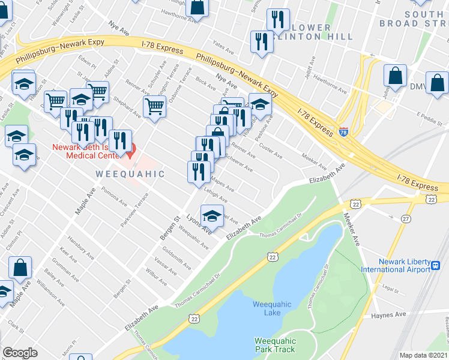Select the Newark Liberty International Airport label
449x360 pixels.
tap(396, 265)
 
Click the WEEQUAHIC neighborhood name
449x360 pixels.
tap(130, 174)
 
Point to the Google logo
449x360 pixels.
tap(20, 353)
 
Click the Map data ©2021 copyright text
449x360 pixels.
tap(423, 355)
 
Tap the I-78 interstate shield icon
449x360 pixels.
tap(343, 131)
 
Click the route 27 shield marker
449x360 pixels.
tap(406, 220)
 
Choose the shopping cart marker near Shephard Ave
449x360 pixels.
tap(154, 107)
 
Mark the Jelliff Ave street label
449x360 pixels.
tap(310, 70)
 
